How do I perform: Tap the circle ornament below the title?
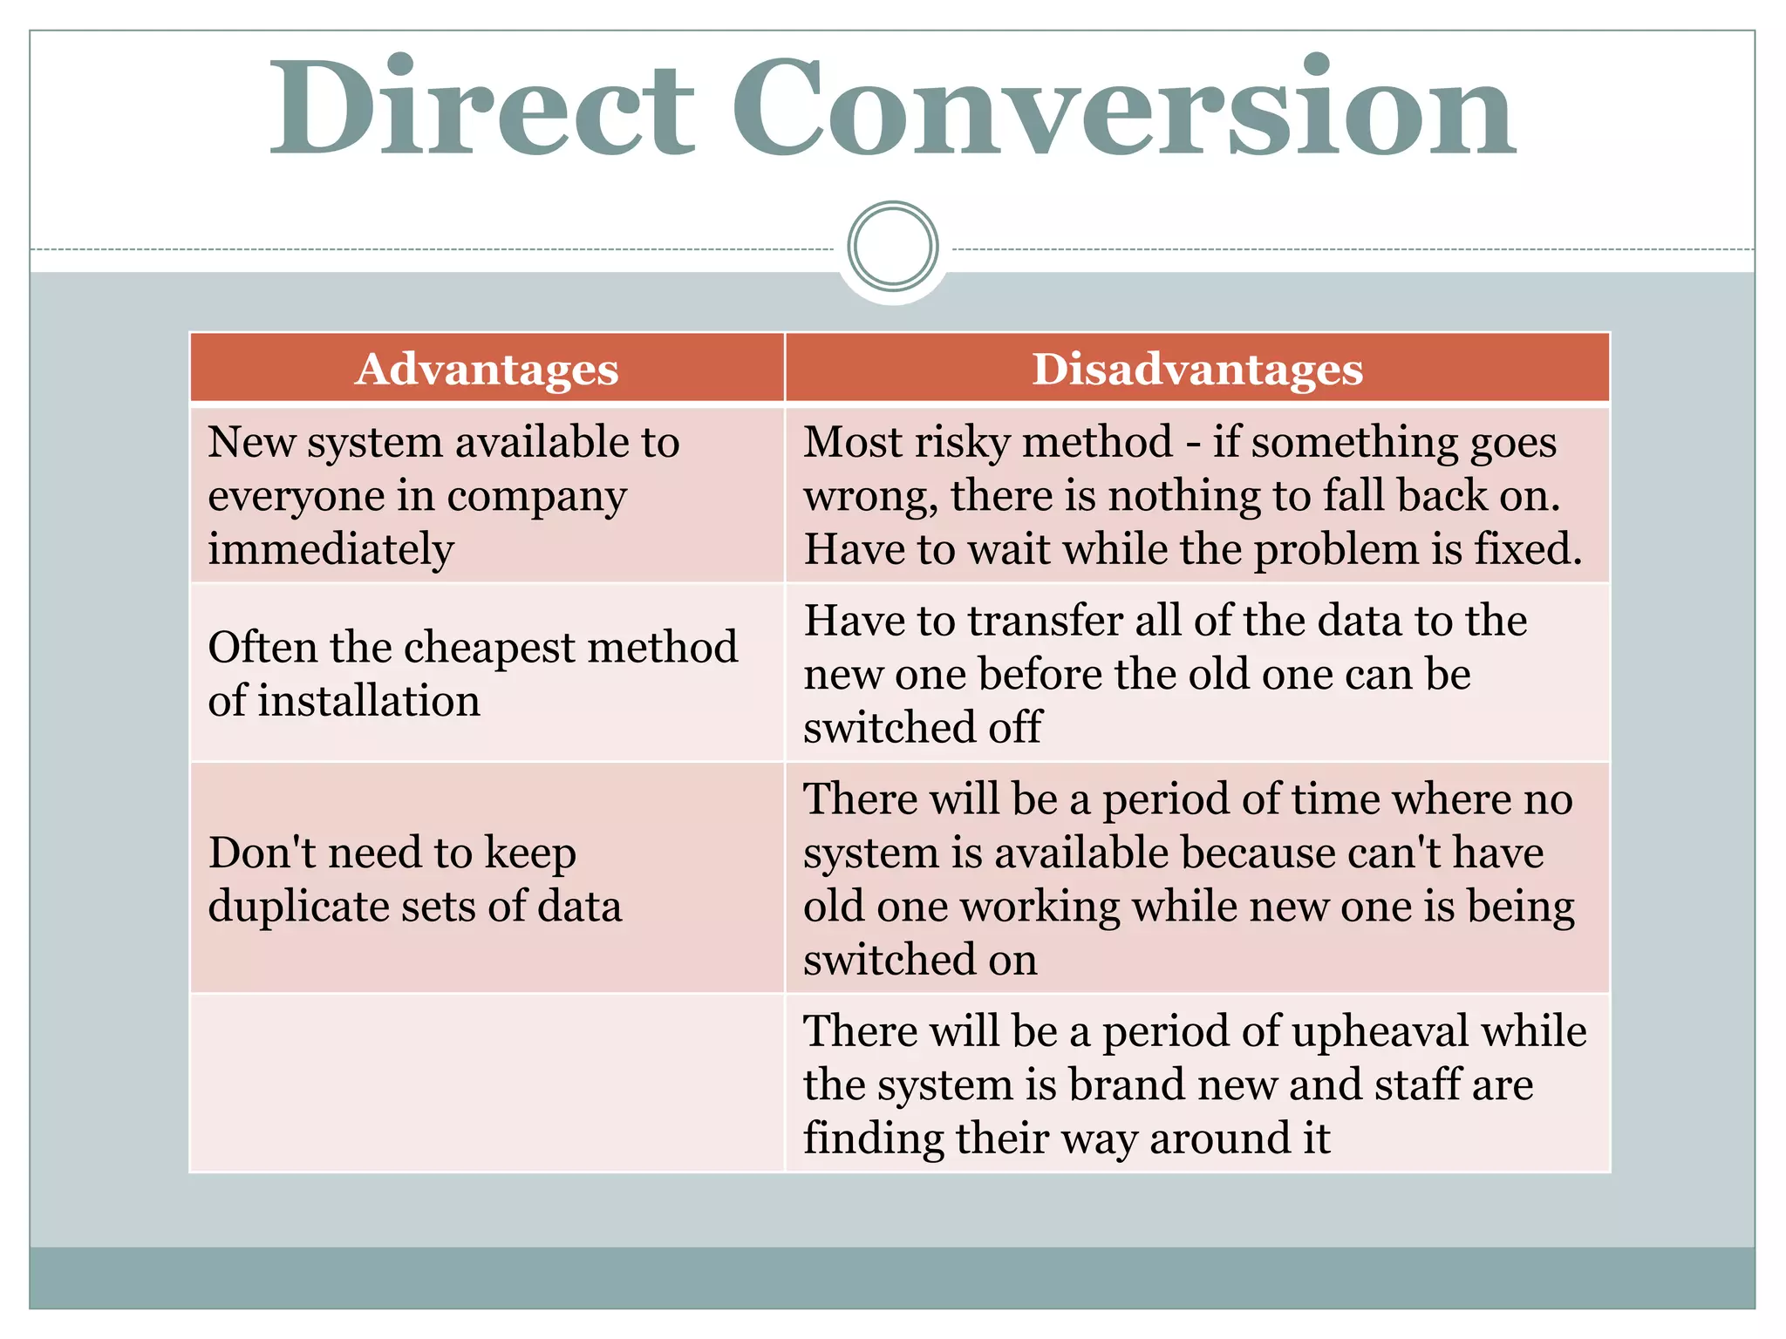pyautogui.click(x=892, y=246)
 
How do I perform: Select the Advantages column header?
pyautogui.click(x=487, y=369)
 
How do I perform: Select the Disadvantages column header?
pyautogui.click(x=1196, y=369)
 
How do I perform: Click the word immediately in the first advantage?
pyautogui.click(x=331, y=550)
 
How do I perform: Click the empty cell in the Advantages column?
pyautogui.click(x=487, y=1084)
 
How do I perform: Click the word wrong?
pyautogui.click(x=869, y=497)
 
